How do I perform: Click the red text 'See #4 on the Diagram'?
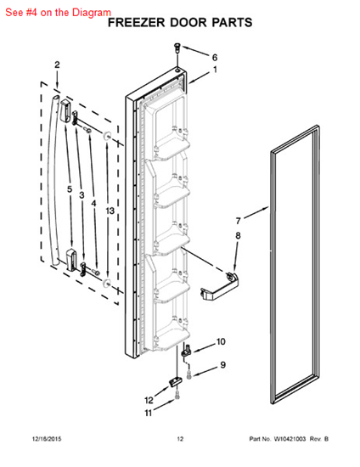click(x=58, y=12)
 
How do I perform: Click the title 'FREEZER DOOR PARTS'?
click(x=179, y=23)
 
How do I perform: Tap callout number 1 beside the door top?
click(x=214, y=70)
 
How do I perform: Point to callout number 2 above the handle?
click(x=57, y=65)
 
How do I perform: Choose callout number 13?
click(x=109, y=210)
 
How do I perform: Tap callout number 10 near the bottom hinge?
click(x=221, y=342)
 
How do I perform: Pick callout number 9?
click(x=222, y=365)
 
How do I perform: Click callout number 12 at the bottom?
click(x=149, y=399)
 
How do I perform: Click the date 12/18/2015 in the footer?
click(x=49, y=439)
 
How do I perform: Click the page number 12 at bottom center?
click(x=180, y=439)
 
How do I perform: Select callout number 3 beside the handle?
click(x=82, y=194)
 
